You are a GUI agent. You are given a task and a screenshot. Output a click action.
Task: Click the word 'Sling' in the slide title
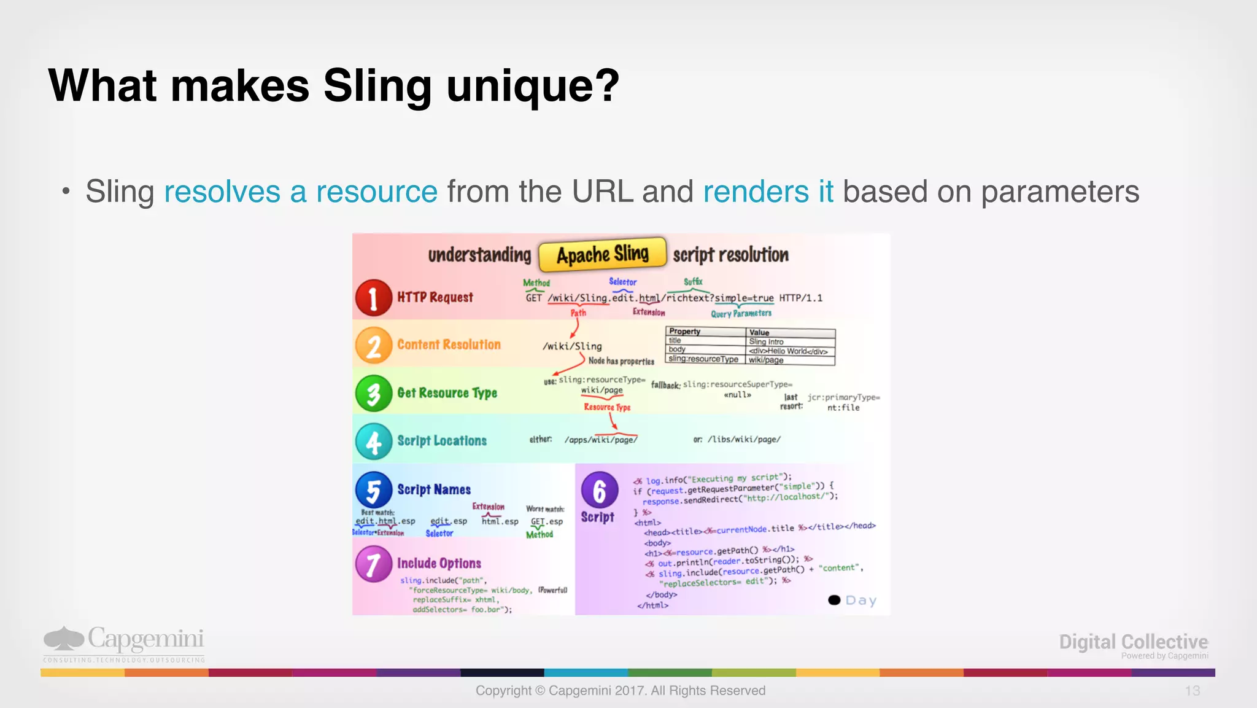pos(377,86)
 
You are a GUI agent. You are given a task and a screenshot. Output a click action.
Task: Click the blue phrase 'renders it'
pos(768,192)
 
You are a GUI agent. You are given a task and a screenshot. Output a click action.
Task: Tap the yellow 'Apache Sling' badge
pos(602,254)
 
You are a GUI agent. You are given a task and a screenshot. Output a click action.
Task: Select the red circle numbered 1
pos(373,298)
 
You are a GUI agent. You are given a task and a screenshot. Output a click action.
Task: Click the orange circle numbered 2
pos(373,346)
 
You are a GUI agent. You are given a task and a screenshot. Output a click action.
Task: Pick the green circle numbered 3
pos(373,394)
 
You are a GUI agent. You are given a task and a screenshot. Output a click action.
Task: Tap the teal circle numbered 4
pos(373,442)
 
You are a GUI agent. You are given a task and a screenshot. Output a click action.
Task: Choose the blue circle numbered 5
pos(373,490)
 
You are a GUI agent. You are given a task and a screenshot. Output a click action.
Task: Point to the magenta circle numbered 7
pos(373,564)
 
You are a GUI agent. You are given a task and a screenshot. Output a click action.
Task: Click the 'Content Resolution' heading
pos(449,344)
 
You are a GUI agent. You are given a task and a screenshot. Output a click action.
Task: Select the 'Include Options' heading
pos(439,563)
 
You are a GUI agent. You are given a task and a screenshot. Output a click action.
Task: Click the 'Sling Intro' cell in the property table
pos(766,341)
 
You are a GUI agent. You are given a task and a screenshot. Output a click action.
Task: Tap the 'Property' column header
pos(684,332)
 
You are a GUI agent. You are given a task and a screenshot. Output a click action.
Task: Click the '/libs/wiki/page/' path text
pos(744,439)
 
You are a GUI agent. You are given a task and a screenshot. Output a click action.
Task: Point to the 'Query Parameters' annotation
pos(741,314)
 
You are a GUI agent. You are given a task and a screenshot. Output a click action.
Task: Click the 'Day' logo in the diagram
pos(853,600)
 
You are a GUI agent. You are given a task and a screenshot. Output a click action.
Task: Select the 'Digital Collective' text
pos(1133,642)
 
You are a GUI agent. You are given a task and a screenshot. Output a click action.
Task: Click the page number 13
pos(1192,691)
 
